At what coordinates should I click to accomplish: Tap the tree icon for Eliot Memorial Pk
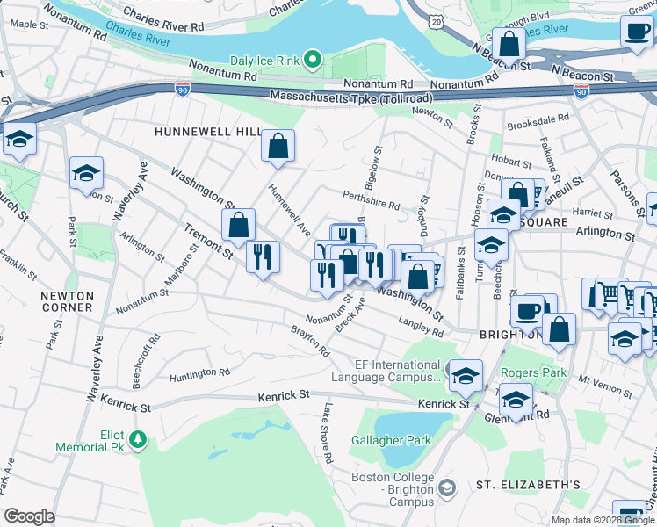point(137,437)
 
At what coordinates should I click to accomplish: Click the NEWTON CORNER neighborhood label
point(67,301)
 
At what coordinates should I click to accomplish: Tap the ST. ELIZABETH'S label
point(528,485)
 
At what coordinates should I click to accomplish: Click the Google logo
point(29,516)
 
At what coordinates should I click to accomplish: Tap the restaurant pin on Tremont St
point(262,256)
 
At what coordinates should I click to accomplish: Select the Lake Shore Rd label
point(327,433)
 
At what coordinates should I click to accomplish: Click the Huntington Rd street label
point(199,373)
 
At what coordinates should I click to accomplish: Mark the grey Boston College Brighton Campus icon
point(447,486)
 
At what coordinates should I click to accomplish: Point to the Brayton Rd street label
point(311,342)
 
